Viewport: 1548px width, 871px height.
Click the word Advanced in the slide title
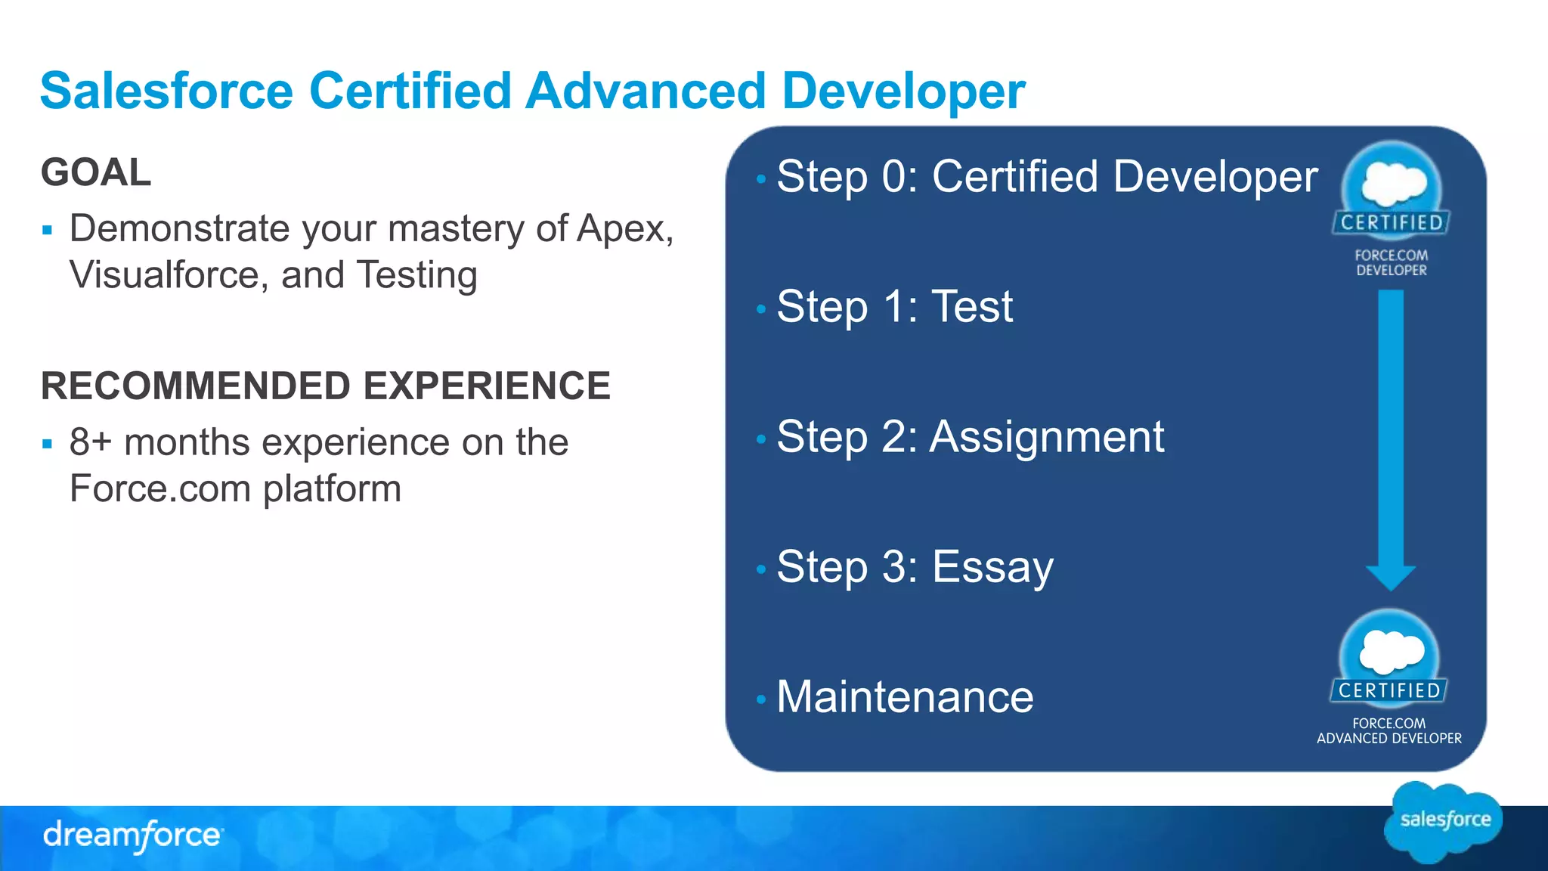click(x=646, y=91)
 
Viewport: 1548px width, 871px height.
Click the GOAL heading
click(x=96, y=172)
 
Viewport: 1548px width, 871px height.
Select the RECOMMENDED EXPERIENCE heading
click(x=325, y=386)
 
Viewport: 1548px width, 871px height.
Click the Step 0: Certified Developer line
click(x=1046, y=177)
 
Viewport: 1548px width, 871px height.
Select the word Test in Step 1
click(x=971, y=307)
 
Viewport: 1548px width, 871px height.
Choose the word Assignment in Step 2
click(x=1046, y=437)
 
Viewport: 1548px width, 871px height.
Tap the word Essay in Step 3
click(x=992, y=567)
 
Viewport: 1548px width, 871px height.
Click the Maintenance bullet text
click(x=905, y=697)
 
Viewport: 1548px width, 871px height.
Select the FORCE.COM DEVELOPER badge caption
click(x=1391, y=263)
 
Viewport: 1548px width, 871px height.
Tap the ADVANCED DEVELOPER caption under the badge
click(x=1389, y=738)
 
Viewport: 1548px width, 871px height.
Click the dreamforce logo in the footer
click(x=132, y=835)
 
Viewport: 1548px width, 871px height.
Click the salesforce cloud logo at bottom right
click(x=1444, y=821)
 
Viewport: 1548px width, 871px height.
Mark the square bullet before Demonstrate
click(x=48, y=230)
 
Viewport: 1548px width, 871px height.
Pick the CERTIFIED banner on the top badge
click(x=1391, y=222)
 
